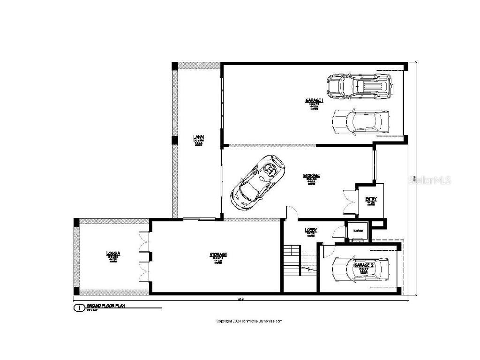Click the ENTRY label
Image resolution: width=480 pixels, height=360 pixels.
click(x=371, y=199)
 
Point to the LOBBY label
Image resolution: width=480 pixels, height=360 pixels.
click(x=311, y=230)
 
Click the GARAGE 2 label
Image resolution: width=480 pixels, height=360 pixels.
click(x=364, y=265)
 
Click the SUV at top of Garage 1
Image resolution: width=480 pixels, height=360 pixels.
click(x=359, y=85)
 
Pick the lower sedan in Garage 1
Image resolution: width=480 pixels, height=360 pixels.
click(x=360, y=121)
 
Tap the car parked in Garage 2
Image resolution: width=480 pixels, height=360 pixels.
click(x=360, y=269)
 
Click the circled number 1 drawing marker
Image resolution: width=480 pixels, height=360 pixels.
click(x=79, y=308)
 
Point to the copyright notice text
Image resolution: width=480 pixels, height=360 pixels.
click(x=249, y=321)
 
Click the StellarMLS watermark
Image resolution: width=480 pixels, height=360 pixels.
click(x=429, y=180)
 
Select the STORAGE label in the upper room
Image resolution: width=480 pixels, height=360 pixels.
click(x=311, y=176)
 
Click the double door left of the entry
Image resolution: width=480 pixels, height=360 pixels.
click(x=349, y=199)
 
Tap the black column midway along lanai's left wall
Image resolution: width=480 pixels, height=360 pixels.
click(x=174, y=140)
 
